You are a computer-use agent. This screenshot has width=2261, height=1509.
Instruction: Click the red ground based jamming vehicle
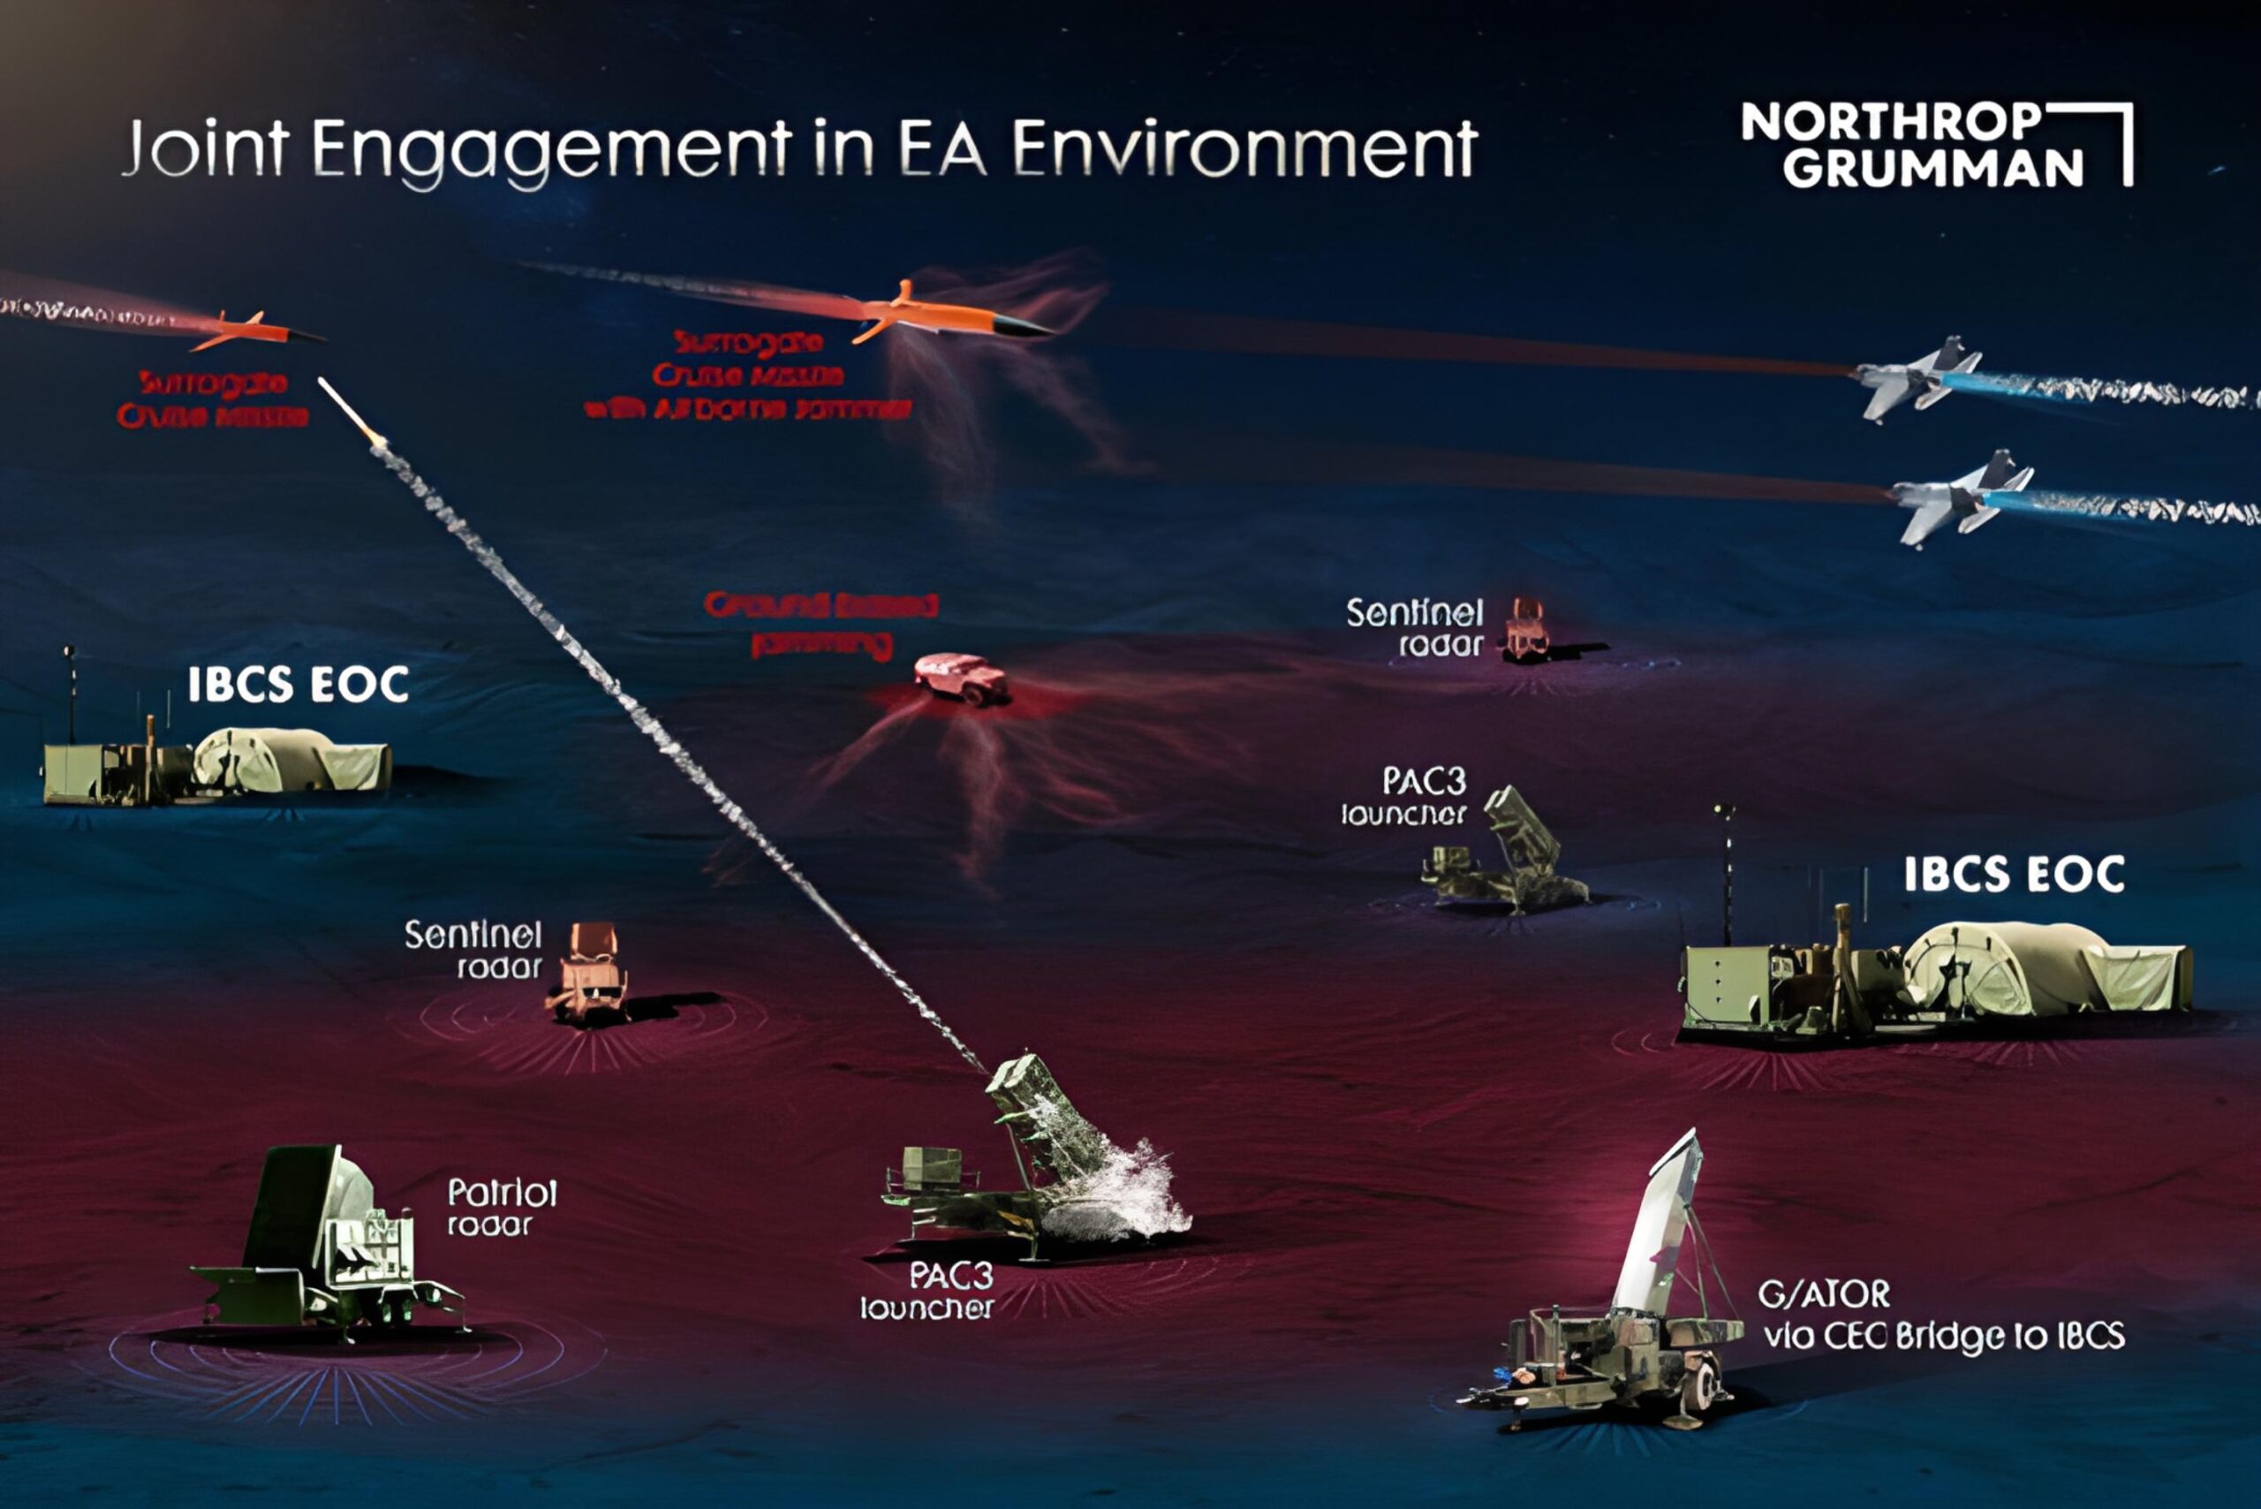[x=960, y=678]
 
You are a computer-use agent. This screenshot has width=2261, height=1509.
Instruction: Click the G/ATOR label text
[x=1823, y=1294]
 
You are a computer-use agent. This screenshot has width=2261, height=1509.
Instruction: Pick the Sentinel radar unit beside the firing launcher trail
[x=588, y=972]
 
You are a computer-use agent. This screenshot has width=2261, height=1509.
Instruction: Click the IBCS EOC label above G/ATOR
[x=2014, y=875]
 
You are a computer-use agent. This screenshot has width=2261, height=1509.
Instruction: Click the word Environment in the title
[x=1243, y=150]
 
